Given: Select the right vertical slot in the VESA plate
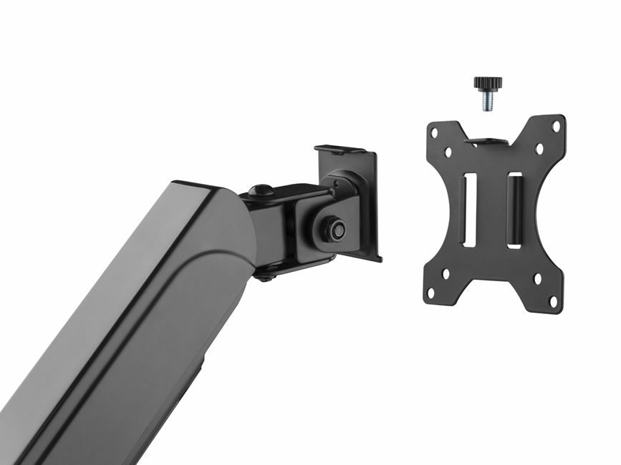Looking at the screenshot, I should coord(514,210).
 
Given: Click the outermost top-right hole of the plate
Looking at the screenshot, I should coord(556,127).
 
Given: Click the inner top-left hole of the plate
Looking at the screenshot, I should coord(448,152).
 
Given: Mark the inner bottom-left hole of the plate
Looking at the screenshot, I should coord(446,273).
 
